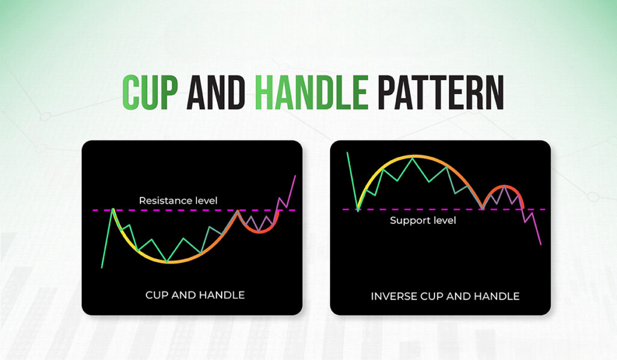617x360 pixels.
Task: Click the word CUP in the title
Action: coord(150,92)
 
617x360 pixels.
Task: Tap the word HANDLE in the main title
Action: coord(312,92)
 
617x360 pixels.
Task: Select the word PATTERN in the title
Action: coord(440,92)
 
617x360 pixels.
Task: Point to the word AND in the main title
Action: coord(216,92)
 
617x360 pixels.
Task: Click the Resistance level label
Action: coord(178,201)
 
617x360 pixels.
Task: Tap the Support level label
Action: coord(423,221)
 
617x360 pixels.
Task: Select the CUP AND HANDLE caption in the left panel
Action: coord(195,295)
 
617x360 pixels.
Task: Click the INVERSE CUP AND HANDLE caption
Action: coord(445,296)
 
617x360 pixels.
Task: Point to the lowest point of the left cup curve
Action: coord(169,262)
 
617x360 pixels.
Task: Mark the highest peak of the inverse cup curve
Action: coord(412,157)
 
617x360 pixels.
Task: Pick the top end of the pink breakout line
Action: coord(295,176)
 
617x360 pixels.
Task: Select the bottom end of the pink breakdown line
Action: coord(540,245)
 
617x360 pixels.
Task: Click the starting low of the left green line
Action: coord(102,268)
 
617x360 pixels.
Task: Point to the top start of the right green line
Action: coord(347,153)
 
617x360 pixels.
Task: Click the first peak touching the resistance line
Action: coord(113,209)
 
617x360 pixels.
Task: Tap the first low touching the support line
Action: coord(358,210)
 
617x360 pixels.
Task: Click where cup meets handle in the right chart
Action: coord(483,208)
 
